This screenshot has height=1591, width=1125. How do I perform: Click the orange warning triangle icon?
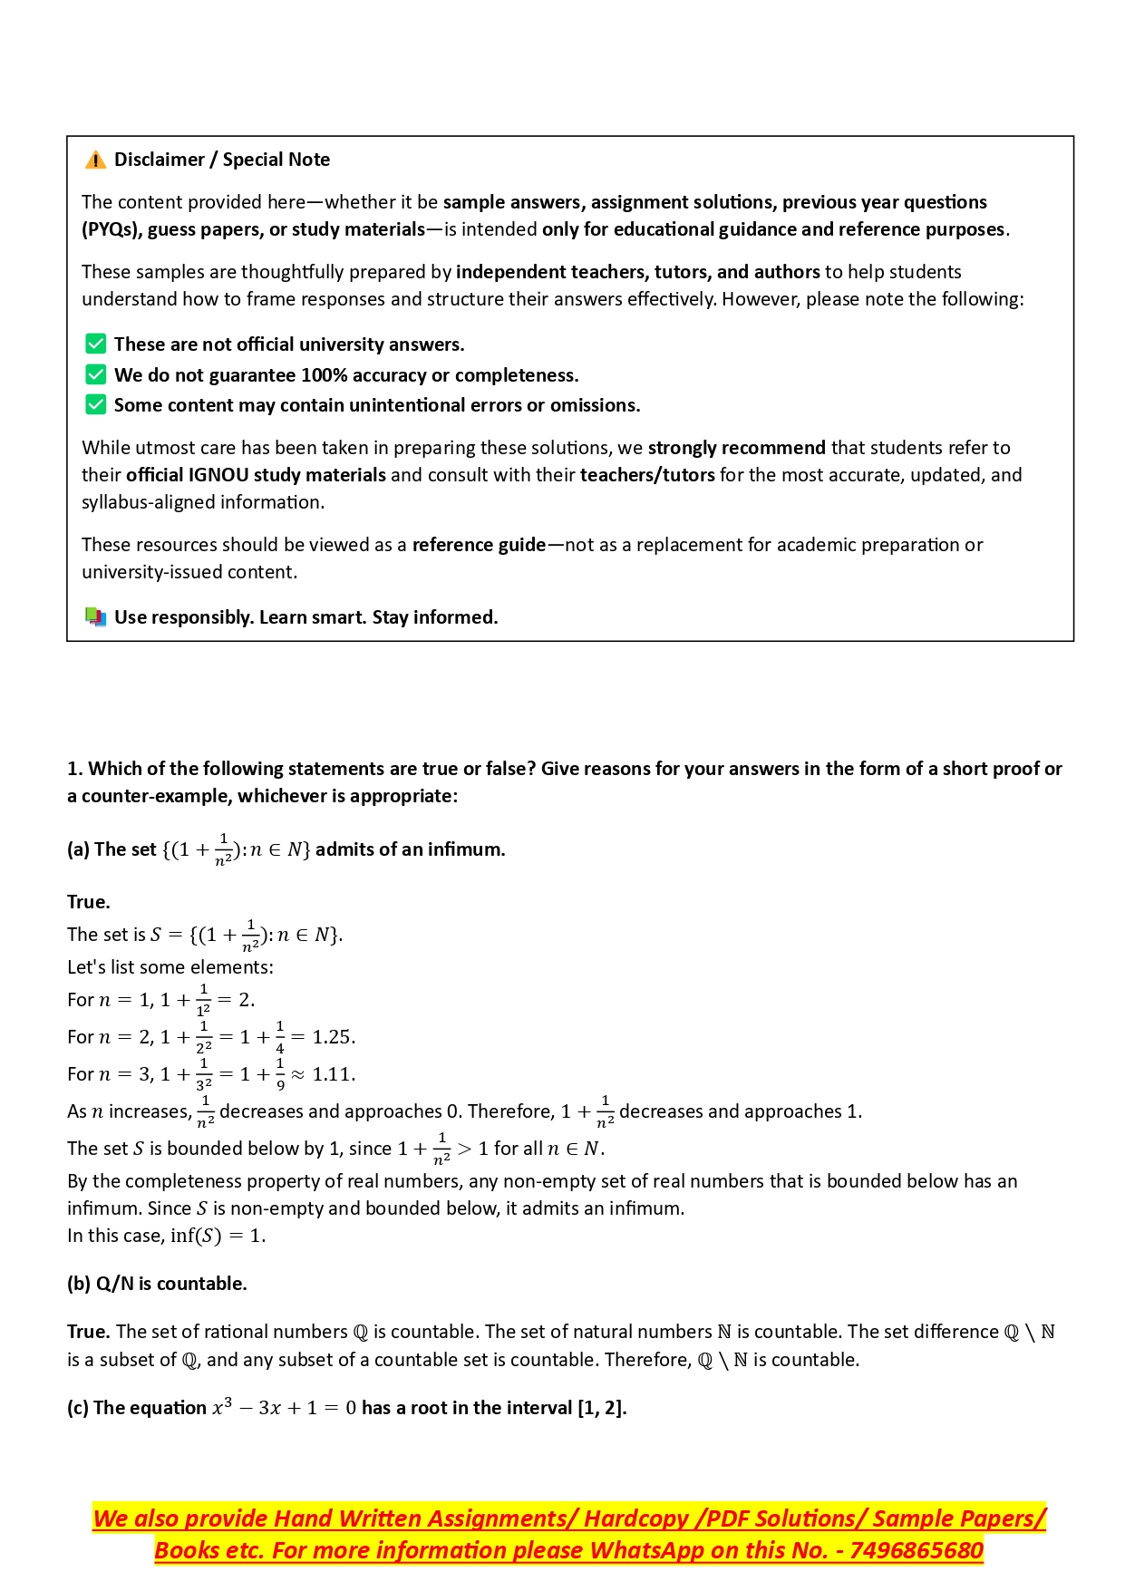point(95,160)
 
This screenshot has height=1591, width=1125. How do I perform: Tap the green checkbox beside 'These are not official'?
point(95,344)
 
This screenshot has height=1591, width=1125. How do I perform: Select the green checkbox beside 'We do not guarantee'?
point(95,374)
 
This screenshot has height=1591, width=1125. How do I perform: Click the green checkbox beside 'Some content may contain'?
point(95,404)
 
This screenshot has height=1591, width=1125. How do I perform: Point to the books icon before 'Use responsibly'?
point(95,617)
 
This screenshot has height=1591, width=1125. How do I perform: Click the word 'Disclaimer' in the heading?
point(160,160)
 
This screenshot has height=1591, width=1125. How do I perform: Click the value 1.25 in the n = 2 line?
point(333,1037)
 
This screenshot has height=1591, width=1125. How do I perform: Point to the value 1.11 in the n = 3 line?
point(333,1074)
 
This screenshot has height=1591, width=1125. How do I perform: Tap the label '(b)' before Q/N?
point(79,1284)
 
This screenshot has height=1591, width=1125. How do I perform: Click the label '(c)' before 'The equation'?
point(78,1408)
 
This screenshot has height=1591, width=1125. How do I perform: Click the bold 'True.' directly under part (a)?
point(89,902)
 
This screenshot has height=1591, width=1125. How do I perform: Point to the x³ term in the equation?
point(222,1407)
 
